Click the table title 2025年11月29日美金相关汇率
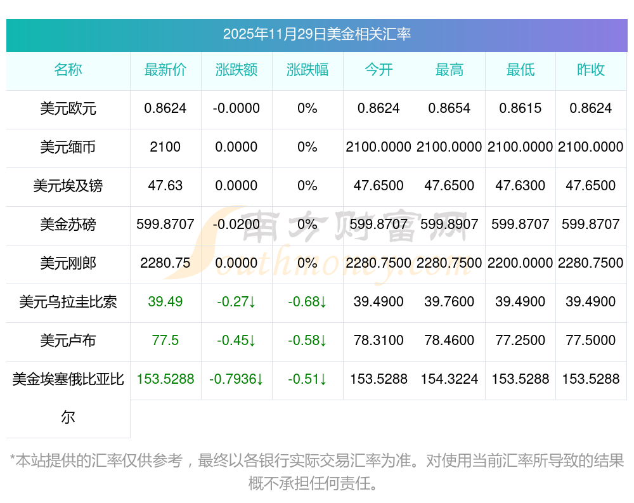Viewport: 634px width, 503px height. pos(316,34)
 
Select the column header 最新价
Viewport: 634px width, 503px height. pos(165,70)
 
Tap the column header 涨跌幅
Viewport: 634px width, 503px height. pos(307,70)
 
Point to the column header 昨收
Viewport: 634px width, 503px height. pos(591,70)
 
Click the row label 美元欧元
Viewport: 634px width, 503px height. pos(68,108)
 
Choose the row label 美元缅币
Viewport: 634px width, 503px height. pos(68,147)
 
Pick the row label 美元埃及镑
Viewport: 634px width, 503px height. pos(68,186)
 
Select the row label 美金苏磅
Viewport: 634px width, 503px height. pos(68,225)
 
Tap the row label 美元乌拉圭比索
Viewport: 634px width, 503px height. pos(68,302)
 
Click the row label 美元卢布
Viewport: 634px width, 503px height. pos(68,341)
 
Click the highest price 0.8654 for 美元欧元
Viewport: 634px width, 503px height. pos(450,108)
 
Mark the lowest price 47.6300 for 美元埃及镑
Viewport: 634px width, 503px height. pos(521,186)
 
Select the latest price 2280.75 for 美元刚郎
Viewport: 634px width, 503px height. pos(165,263)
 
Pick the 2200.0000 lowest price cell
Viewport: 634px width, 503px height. pos(521,263)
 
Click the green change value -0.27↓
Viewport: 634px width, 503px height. pos(236,302)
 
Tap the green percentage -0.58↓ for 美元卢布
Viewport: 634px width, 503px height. pos(307,341)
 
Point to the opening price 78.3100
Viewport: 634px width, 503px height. pos(378,341)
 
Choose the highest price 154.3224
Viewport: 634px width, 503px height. pos(450,379)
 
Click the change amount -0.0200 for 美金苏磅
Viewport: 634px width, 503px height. pos(236,225)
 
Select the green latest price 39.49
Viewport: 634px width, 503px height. pos(165,302)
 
